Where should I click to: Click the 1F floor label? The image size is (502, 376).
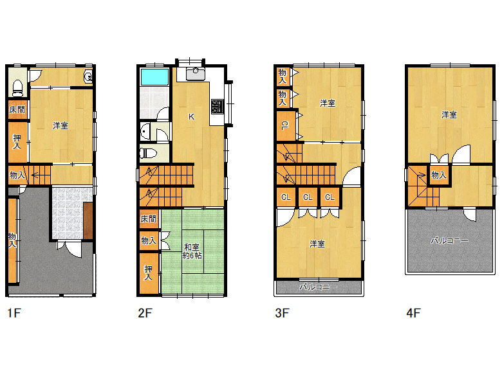coord(14,313)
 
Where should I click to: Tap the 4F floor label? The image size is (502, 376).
coord(413,313)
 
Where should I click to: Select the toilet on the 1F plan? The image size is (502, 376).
coord(17,88)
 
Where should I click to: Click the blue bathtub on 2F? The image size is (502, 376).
coord(154,76)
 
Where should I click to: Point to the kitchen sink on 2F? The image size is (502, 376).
coord(196,74)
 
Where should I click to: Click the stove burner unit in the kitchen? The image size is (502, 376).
coord(218,107)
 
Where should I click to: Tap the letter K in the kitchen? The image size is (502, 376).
coord(191,117)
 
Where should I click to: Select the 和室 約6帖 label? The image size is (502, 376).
coord(192,251)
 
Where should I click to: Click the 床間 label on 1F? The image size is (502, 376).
coord(17,110)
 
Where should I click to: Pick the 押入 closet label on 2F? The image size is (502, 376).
coord(148,273)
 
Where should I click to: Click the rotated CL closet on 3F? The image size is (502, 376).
coord(285,125)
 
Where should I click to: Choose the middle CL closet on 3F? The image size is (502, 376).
coord(308,197)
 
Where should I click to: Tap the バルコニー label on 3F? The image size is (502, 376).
coord(318,287)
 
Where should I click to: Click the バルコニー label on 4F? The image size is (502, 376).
coord(449,240)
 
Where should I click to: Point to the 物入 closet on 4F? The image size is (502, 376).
coord(439,175)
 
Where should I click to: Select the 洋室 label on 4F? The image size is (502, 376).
coord(449,114)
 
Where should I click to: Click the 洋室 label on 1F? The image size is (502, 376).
coord(60,125)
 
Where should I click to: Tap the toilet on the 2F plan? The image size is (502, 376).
coord(149,154)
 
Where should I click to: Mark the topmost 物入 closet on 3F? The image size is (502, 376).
coord(283,76)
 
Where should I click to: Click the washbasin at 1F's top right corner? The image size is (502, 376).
coord(88,76)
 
